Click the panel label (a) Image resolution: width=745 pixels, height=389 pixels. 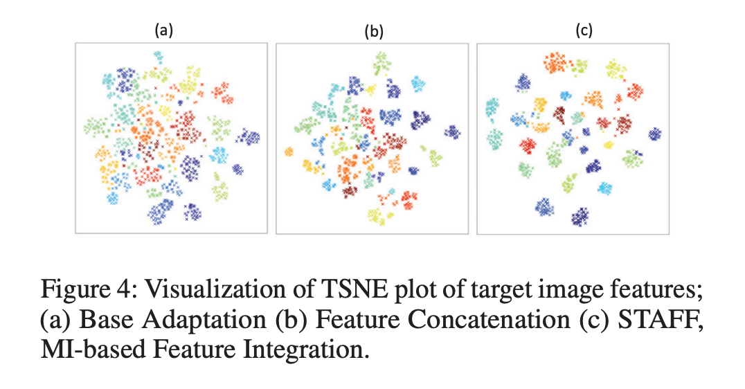163,30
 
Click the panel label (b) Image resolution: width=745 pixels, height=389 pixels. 374,32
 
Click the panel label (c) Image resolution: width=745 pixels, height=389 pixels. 583,30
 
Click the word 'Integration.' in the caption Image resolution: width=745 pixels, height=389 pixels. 309,348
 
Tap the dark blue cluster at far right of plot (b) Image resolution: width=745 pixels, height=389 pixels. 452,132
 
